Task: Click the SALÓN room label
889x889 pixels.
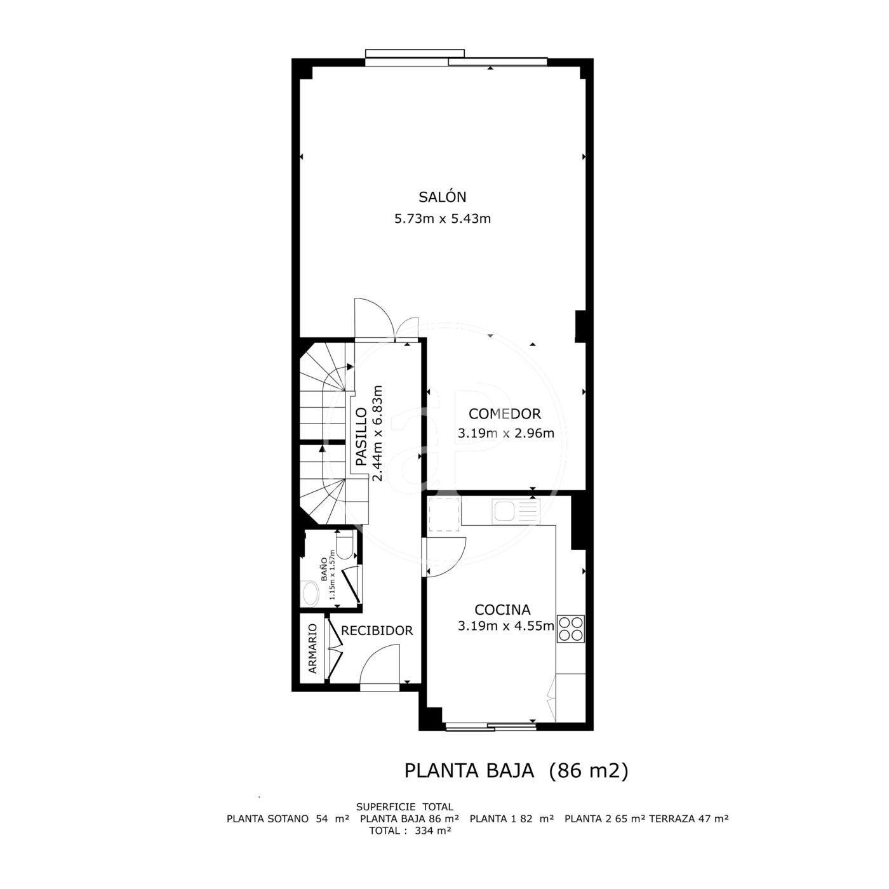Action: pyautogui.click(x=443, y=197)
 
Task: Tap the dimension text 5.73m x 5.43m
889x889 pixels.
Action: pyautogui.click(x=443, y=218)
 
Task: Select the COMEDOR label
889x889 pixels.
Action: pyautogui.click(x=505, y=414)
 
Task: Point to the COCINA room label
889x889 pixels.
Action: pyautogui.click(x=502, y=610)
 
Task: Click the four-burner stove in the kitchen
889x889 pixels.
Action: pyautogui.click(x=571, y=629)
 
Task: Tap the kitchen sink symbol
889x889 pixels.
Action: pyautogui.click(x=516, y=511)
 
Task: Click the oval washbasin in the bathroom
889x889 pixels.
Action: pyautogui.click(x=309, y=594)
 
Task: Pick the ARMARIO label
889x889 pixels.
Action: pyautogui.click(x=313, y=648)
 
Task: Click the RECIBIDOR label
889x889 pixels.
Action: pyautogui.click(x=377, y=631)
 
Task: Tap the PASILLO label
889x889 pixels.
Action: pyautogui.click(x=361, y=436)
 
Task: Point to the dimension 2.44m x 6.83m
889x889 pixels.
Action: pyautogui.click(x=378, y=433)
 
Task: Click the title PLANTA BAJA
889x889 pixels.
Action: pyautogui.click(x=469, y=771)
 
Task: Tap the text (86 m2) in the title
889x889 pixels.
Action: pyautogui.click(x=589, y=771)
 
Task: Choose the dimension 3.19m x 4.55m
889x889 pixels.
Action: pyautogui.click(x=505, y=626)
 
